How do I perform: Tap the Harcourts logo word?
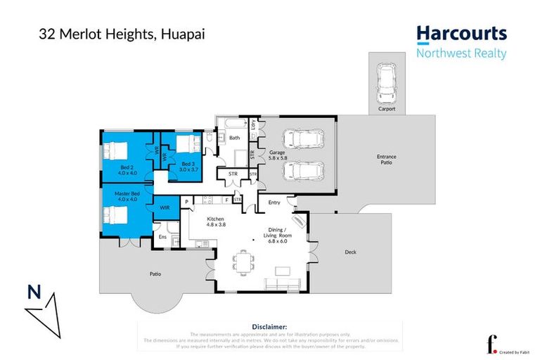pyautogui.click(x=461, y=34)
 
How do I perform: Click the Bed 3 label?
pyautogui.click(x=188, y=167)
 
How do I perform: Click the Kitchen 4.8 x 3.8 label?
pyautogui.click(x=215, y=223)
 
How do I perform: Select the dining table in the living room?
pyautogui.click(x=245, y=262)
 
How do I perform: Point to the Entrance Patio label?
pyautogui.click(x=387, y=158)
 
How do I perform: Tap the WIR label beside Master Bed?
pyautogui.click(x=165, y=208)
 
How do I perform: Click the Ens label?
pyautogui.click(x=162, y=237)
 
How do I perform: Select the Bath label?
pyautogui.click(x=235, y=138)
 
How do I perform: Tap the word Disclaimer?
pyautogui.click(x=269, y=327)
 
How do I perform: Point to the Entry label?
pyautogui.click(x=274, y=202)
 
